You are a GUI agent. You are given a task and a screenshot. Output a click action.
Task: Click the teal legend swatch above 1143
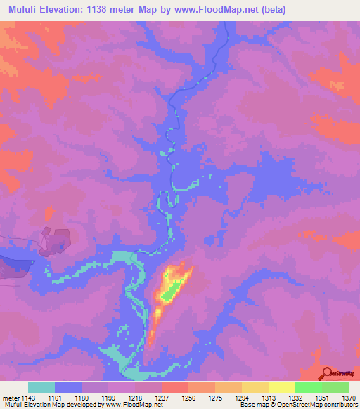click(41, 387)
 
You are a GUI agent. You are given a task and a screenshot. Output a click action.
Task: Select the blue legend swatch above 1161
click(68, 387)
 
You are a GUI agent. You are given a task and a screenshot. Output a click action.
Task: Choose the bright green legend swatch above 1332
click(308, 387)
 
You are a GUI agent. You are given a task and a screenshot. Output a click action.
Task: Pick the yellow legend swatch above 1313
click(255, 387)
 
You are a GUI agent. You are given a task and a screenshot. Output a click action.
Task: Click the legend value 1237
click(161, 397)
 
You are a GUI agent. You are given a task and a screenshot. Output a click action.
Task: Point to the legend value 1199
click(108, 397)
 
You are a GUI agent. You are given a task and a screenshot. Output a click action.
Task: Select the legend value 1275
click(214, 397)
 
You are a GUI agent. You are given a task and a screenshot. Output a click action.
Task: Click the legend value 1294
click(241, 397)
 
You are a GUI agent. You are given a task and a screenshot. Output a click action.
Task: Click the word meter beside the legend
click(11, 397)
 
